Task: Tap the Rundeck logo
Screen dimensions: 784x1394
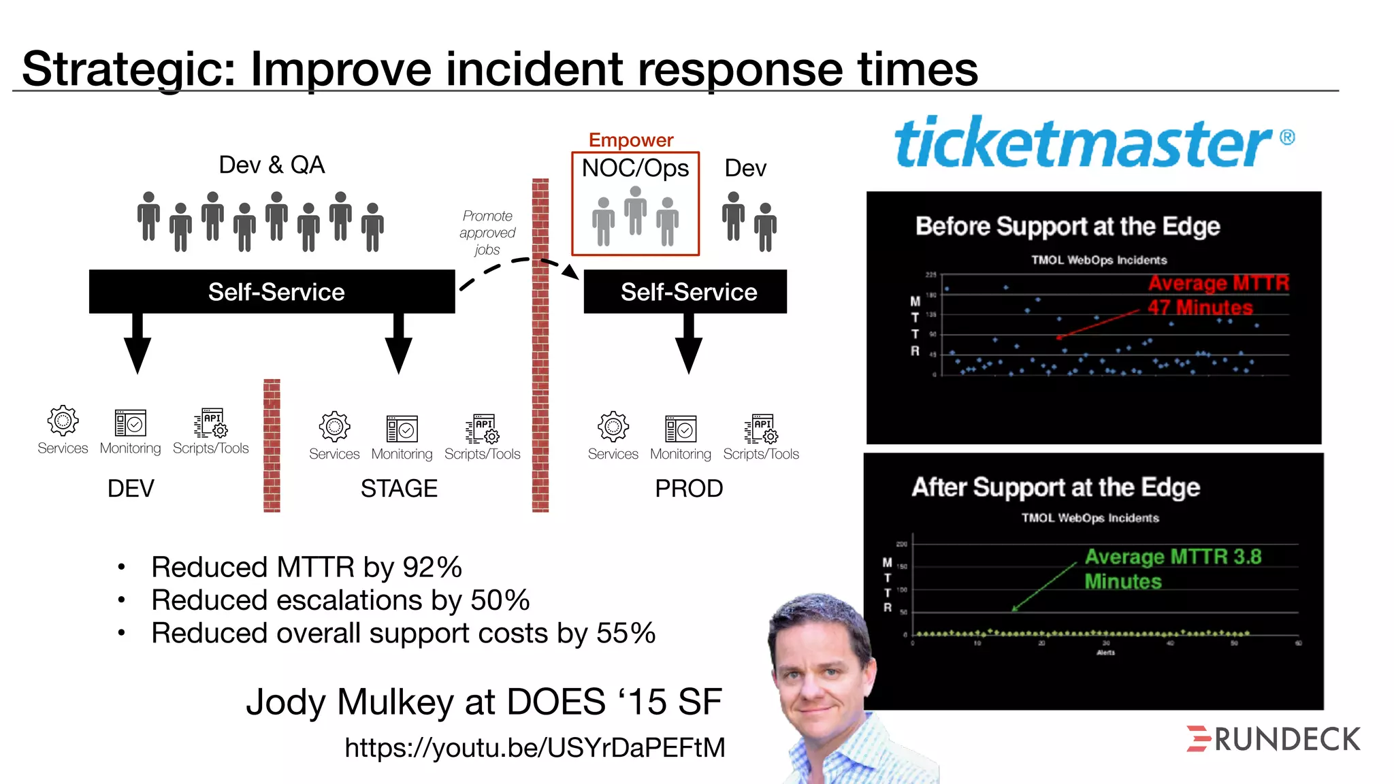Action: pyautogui.click(x=1273, y=739)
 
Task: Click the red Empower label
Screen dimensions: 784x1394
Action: pyautogui.click(x=630, y=140)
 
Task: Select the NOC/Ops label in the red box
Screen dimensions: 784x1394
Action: pyautogui.click(x=635, y=168)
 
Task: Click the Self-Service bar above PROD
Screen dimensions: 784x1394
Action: pyautogui.click(x=685, y=292)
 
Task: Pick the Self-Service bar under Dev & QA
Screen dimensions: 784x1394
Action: pyautogui.click(x=272, y=292)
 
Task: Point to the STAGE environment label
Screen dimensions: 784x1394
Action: pyautogui.click(x=399, y=489)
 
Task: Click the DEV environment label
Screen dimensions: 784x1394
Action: pyautogui.click(x=131, y=489)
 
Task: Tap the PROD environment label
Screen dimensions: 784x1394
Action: pyautogui.click(x=688, y=489)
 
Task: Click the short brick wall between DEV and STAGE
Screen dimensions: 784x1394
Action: pyautogui.click(x=272, y=445)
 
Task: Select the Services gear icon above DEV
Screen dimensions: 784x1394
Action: pyautogui.click(x=63, y=421)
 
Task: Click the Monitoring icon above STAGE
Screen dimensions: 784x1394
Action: pyautogui.click(x=402, y=429)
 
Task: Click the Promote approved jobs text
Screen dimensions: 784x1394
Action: pyautogui.click(x=487, y=233)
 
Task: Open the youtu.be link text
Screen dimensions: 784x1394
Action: pyautogui.click(x=535, y=748)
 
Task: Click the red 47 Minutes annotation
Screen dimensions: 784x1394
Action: pyautogui.click(x=1200, y=308)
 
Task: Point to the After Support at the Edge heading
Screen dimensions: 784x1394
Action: pyautogui.click(x=1056, y=487)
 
